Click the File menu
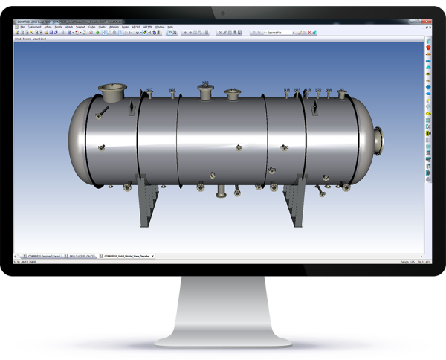pyautogui.click(x=23, y=27)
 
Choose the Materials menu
pyautogui.click(x=114, y=27)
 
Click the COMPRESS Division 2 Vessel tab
pyautogui.click(x=42, y=254)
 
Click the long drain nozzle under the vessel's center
pyautogui.click(x=220, y=193)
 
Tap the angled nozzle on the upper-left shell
pyautogui.click(x=103, y=113)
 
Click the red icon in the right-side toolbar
pyautogui.click(x=429, y=47)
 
